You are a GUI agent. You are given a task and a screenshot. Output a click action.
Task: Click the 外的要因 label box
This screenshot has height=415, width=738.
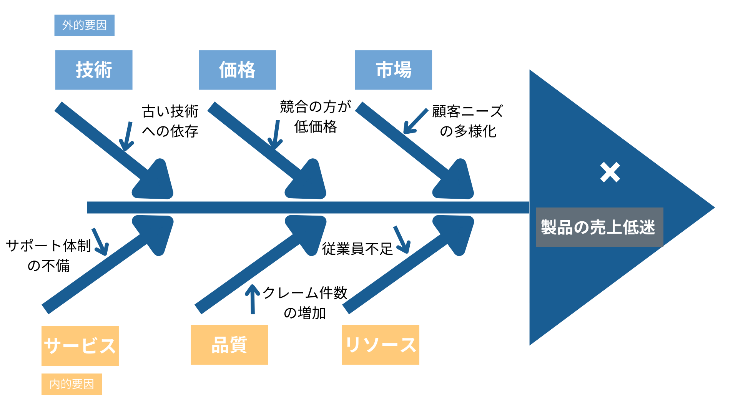pyautogui.click(x=85, y=25)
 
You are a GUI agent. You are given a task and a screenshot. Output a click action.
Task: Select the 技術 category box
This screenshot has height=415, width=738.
pyautogui.click(x=94, y=70)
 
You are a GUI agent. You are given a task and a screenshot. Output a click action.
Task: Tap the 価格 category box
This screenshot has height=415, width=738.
pyautogui.click(x=237, y=70)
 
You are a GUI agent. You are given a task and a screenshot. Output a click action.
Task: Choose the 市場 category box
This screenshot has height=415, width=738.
pyautogui.click(x=393, y=70)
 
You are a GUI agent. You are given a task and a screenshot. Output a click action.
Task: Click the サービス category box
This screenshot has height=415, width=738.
pyautogui.click(x=80, y=346)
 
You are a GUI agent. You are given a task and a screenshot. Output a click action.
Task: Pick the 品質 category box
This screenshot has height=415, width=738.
pyautogui.click(x=229, y=345)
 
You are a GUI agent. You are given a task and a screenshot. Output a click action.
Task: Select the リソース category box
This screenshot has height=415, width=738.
pyautogui.click(x=381, y=345)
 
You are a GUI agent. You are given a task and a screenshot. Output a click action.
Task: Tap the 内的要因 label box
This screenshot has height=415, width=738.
pyautogui.click(x=71, y=384)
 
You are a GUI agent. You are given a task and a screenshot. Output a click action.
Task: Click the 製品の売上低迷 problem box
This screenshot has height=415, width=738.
pyautogui.click(x=599, y=227)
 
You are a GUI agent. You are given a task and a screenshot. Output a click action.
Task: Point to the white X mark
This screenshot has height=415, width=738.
pyautogui.click(x=610, y=172)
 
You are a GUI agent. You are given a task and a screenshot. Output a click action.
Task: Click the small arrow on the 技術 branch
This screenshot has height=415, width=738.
pyautogui.click(x=127, y=136)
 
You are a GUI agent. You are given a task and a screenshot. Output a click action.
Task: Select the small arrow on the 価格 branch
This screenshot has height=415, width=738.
pyautogui.click(x=276, y=134)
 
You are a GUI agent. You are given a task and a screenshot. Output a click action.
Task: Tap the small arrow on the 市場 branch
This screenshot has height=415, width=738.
pyautogui.click(x=416, y=121)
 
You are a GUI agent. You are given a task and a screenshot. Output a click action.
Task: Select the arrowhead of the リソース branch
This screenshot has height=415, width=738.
pyautogui.click(x=456, y=232)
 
